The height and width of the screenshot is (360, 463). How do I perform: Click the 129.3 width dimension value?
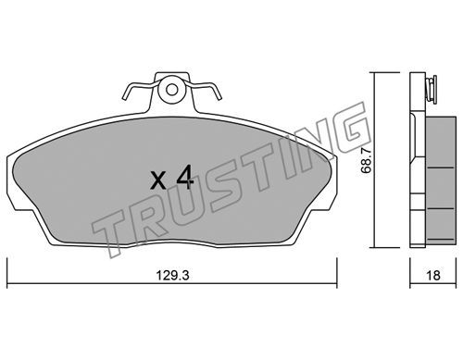click(x=172, y=276)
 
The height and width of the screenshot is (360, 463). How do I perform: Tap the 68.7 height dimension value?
click(x=367, y=161)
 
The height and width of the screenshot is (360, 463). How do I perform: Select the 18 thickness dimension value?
click(x=434, y=276)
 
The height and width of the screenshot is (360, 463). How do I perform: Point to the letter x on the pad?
click(x=158, y=180)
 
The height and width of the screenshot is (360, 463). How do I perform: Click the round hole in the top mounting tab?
click(x=171, y=90)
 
